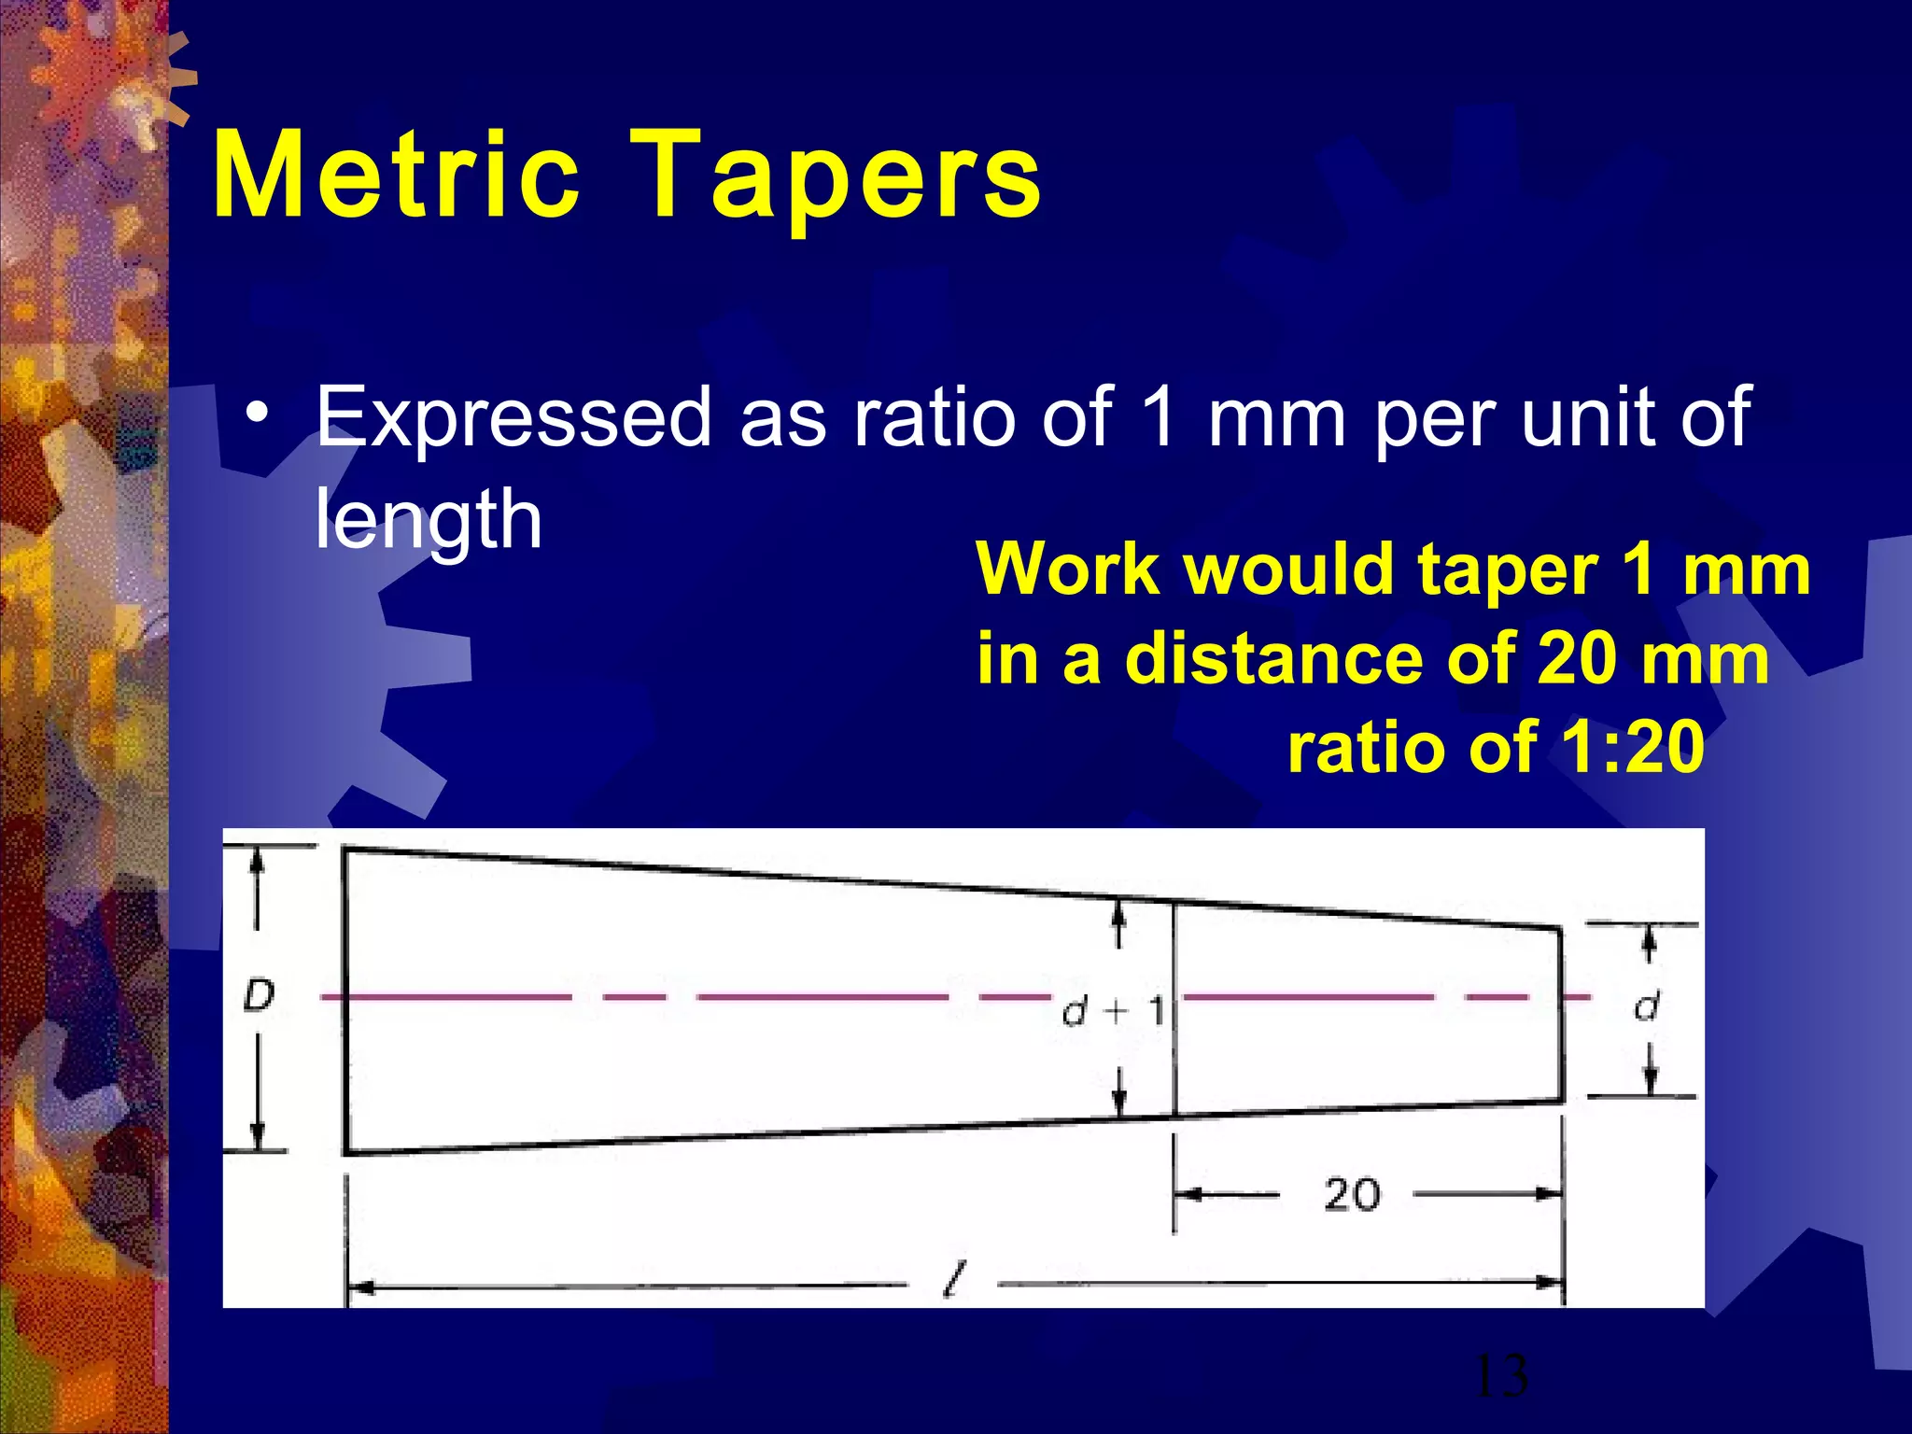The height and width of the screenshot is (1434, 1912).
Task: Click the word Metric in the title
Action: pyautogui.click(x=397, y=176)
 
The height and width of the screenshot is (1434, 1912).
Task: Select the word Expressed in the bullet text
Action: pyautogui.click(x=513, y=417)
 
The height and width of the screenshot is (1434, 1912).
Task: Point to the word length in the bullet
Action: pyautogui.click(x=429, y=520)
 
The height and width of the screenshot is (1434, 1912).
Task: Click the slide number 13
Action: pyautogui.click(x=1501, y=1376)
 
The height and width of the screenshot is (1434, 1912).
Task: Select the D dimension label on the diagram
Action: pyautogui.click(x=259, y=997)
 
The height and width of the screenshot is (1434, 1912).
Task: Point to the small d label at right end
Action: pyautogui.click(x=1647, y=1006)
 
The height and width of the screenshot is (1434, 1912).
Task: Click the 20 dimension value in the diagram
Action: pyautogui.click(x=1351, y=1195)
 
